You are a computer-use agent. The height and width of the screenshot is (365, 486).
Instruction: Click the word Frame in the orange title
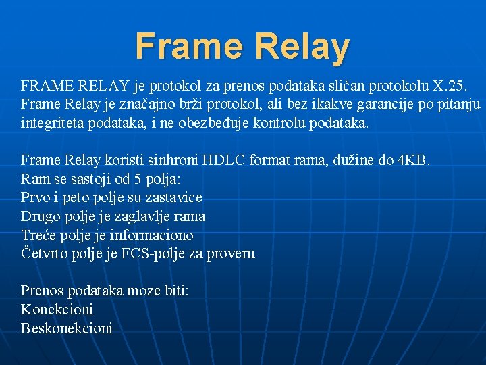coord(188,47)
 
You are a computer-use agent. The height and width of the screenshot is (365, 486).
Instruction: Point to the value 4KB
coord(413,160)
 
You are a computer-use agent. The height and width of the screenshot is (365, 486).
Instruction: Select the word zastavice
coord(173,197)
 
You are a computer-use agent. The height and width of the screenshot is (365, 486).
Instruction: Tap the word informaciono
coord(151,235)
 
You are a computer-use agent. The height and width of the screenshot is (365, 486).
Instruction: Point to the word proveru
coord(232,253)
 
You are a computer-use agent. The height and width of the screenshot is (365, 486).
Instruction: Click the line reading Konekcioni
coord(57,310)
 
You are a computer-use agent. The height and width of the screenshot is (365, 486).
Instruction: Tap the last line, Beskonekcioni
coord(67,328)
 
